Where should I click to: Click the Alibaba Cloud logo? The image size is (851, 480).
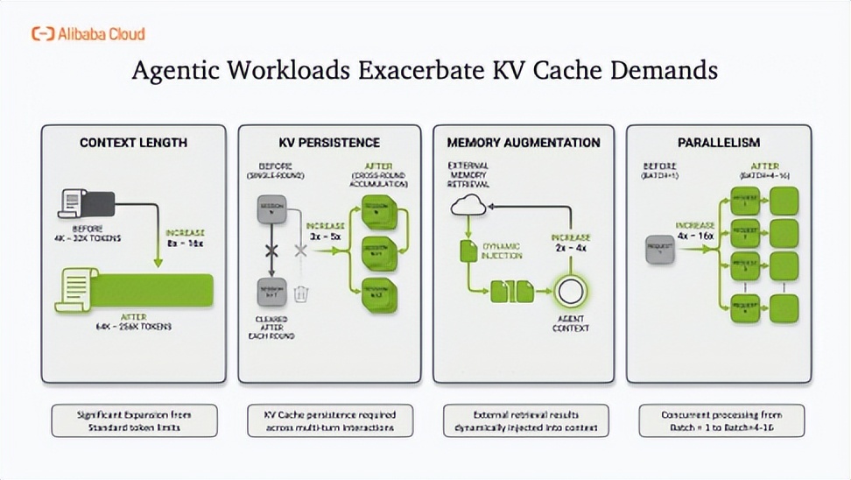(88, 34)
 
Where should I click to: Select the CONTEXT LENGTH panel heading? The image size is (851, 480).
(133, 142)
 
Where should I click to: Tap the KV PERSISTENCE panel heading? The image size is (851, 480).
(328, 142)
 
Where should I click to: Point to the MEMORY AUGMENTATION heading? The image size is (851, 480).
(523, 142)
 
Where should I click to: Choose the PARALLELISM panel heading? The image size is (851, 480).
(718, 142)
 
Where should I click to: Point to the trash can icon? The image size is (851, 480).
(301, 293)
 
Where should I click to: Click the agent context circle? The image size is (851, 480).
(570, 292)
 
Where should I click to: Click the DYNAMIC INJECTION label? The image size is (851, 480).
(501, 251)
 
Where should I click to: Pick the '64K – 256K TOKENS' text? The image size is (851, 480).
(133, 326)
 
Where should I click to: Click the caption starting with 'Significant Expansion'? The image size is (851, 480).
(133, 420)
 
